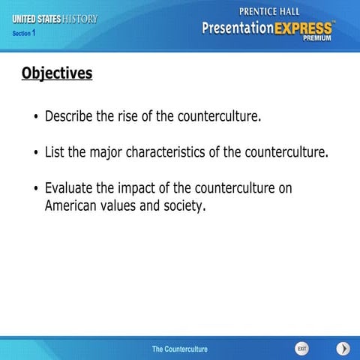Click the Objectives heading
click(57, 73)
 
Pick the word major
click(106, 153)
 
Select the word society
click(184, 205)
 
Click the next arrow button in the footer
click(343, 348)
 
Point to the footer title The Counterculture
click(180, 349)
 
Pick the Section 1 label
click(24, 33)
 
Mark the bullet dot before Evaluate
click(35, 189)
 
